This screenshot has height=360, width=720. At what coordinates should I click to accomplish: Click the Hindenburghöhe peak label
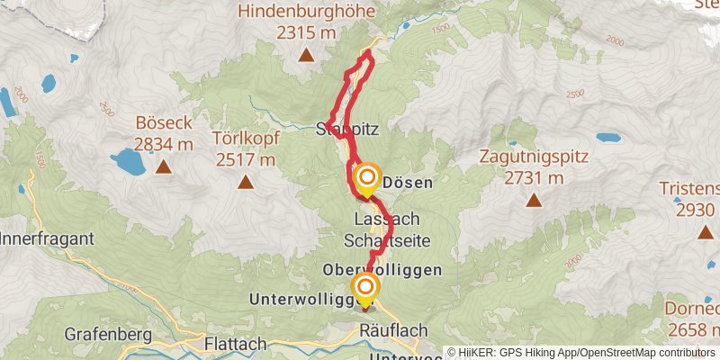(x=306, y=12)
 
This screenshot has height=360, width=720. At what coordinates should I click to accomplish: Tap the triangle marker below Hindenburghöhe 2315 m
(x=306, y=56)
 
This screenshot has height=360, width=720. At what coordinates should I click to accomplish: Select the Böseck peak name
(x=163, y=123)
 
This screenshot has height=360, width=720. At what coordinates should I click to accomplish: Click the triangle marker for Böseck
(x=163, y=166)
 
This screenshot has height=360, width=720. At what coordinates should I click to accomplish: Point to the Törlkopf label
(x=246, y=139)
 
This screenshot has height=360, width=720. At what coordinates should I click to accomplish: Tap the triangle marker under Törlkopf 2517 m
(x=246, y=183)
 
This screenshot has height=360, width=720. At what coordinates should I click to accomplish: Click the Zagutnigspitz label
(x=534, y=156)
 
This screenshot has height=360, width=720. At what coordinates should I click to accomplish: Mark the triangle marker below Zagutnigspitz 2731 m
(x=534, y=200)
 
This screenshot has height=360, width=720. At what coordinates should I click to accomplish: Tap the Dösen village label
(x=409, y=182)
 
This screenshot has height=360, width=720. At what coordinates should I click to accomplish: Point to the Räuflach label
(x=393, y=331)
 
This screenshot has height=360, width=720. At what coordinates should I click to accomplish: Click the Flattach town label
(x=236, y=344)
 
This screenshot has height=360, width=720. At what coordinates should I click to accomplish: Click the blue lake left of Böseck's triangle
(x=127, y=161)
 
